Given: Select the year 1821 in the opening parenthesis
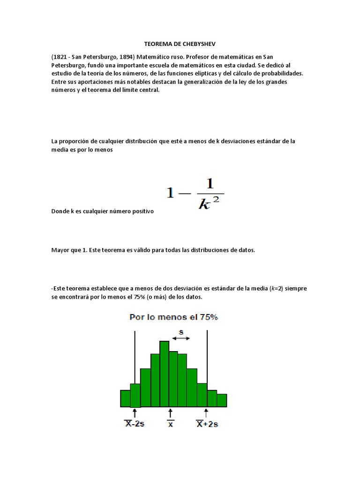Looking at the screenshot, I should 61,57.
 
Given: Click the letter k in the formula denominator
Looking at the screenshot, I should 204,205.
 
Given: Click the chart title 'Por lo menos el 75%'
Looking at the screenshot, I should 174,317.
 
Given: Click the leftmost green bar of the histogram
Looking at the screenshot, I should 125,398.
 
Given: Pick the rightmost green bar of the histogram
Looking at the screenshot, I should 222,400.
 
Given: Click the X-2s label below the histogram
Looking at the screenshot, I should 134,424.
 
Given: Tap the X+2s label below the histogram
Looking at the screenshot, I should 207,424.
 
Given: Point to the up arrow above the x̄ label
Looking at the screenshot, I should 171,413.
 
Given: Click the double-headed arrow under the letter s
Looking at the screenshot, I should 180,337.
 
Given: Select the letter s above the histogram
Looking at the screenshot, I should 181,331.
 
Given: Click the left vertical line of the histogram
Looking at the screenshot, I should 135,356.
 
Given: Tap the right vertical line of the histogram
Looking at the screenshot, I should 207,356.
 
